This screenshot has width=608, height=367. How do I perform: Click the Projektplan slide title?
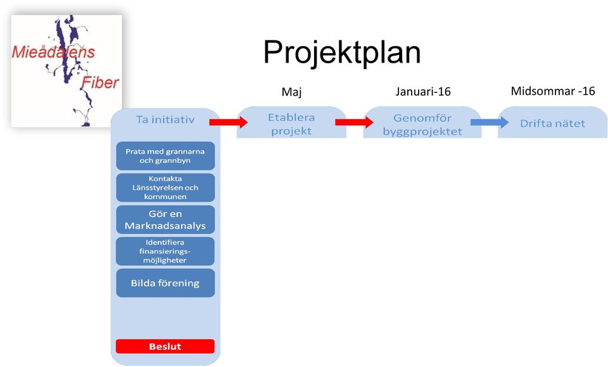click(x=342, y=53)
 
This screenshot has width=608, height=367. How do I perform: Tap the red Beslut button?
click(x=165, y=347)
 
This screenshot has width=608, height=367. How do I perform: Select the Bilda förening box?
click(x=165, y=283)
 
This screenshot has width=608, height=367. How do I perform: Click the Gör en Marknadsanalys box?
click(x=165, y=220)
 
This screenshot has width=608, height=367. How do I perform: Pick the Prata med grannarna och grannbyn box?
click(x=165, y=156)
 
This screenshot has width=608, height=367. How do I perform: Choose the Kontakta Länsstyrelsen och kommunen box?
click(x=165, y=187)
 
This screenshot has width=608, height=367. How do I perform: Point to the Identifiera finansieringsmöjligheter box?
click(x=165, y=251)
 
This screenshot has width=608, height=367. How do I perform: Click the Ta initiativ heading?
click(x=165, y=120)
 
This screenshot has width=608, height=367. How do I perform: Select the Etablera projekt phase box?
click(x=291, y=123)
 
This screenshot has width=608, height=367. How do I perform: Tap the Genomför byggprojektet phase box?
click(x=422, y=123)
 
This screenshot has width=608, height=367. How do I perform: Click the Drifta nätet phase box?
click(x=552, y=123)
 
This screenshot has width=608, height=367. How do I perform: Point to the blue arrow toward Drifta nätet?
click(x=490, y=123)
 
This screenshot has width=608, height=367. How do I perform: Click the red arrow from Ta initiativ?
click(x=229, y=123)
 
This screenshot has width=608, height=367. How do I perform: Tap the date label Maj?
click(x=291, y=92)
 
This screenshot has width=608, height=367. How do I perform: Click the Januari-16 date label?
click(x=423, y=92)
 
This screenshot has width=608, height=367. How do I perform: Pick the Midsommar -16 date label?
click(x=553, y=91)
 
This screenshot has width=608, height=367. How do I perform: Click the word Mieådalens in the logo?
click(x=53, y=52)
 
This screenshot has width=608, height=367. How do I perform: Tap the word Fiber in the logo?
click(x=100, y=82)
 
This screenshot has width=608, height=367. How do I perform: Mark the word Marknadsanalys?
click(x=165, y=226)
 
